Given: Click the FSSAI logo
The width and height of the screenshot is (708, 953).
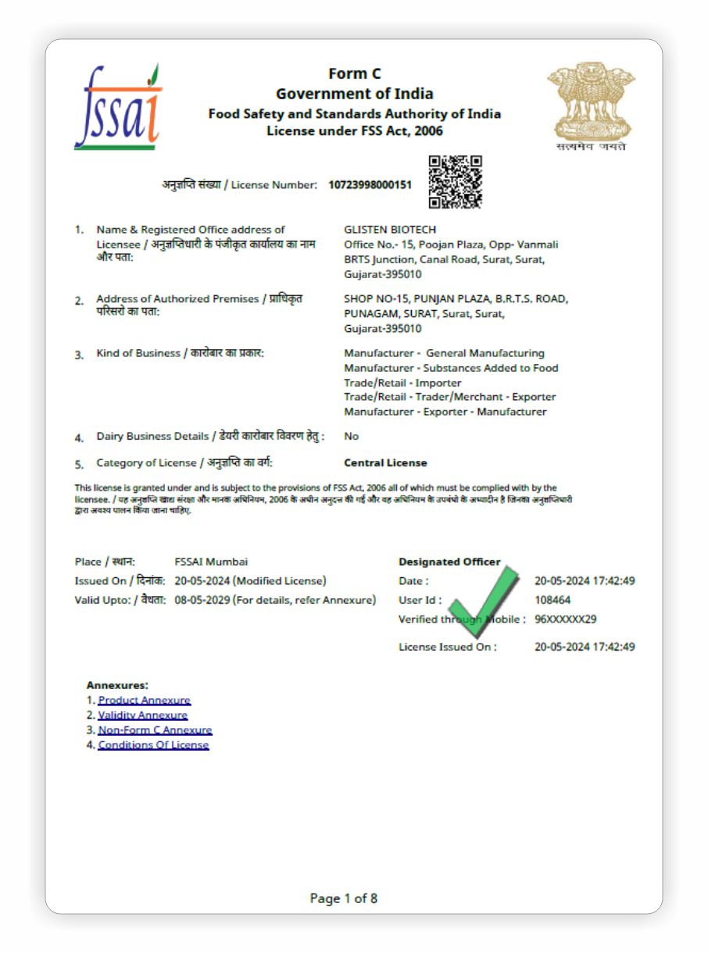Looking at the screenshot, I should (x=118, y=109).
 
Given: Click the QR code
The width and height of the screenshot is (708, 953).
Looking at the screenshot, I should (x=455, y=182).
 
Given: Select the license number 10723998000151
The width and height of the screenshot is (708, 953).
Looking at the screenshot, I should (x=370, y=185).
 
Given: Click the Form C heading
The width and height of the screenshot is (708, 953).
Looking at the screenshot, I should (x=354, y=74).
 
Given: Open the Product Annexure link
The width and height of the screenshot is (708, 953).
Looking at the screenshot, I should (x=144, y=700).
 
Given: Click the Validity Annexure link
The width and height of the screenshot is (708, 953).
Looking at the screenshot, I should (x=142, y=715).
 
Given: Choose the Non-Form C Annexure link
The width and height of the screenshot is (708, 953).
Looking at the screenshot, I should (x=155, y=730).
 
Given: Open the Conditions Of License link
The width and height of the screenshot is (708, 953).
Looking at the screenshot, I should (x=153, y=744).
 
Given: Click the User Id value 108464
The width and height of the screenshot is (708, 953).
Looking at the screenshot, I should (x=552, y=600).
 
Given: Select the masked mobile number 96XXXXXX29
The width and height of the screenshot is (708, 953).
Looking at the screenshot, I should (x=566, y=619).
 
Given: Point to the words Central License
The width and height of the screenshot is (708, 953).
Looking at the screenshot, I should (x=385, y=462).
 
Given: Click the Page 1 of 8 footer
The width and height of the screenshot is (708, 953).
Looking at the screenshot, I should (x=344, y=898).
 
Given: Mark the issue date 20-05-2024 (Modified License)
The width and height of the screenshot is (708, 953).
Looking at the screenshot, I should (x=250, y=580).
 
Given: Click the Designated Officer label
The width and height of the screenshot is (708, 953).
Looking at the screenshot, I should (x=449, y=562).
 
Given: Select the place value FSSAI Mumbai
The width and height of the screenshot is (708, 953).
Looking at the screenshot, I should (x=211, y=562).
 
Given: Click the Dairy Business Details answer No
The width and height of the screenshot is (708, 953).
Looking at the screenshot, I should (x=351, y=436).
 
